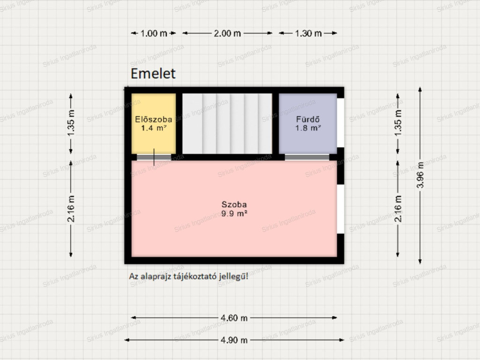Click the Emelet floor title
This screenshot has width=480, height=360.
pos(153,74)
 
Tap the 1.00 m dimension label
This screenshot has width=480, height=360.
pos(154,33)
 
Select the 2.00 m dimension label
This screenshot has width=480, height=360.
pos(227,33)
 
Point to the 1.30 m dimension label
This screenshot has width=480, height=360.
pos(308,33)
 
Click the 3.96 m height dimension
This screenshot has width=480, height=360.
pos(420,175)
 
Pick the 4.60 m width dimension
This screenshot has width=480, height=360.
pos(234,318)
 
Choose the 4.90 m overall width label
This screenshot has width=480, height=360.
pos(234,340)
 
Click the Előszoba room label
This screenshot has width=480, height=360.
pos(154,120)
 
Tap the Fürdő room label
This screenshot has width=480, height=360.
pos(307,120)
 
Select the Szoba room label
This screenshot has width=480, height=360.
pos(234,204)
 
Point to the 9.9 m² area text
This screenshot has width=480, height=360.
pos(234,214)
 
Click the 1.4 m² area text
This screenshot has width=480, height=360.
pos(154,128)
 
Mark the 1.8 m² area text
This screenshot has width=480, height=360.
pos(307,128)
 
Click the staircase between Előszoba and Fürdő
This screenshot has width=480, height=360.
pos(227,124)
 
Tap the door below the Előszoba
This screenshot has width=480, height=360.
pos(154,157)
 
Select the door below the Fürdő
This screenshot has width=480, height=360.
pos(307,157)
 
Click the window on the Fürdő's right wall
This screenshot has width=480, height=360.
pos(340,123)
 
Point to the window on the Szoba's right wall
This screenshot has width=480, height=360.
pos(340,209)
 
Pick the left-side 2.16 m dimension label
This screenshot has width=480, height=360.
pos(71,209)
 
